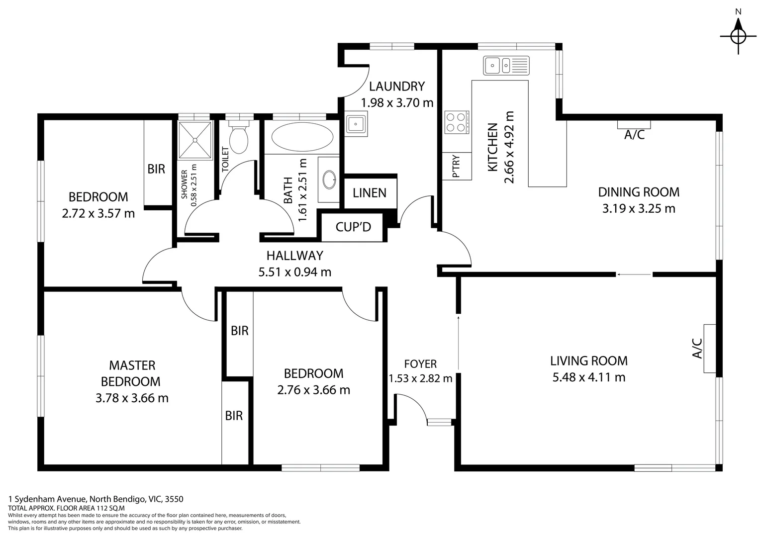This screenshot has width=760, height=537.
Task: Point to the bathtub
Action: click(302, 137)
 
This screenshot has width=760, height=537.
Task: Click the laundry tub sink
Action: click(356, 124)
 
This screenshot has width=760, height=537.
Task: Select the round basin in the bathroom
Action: click(329, 180)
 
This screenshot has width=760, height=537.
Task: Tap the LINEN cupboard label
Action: click(370, 193)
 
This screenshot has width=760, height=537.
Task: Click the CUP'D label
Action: click(353, 227)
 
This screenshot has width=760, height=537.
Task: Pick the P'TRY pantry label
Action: click(456, 167)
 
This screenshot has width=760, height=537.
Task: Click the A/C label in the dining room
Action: click(634, 134)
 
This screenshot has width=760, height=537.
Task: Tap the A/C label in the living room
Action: click(697, 348)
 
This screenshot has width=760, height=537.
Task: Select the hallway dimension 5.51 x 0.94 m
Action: click(294, 272)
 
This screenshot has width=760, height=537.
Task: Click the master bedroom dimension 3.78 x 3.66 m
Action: click(132, 398)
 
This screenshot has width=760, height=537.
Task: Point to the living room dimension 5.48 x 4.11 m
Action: click(588, 377)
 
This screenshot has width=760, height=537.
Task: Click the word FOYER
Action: click(420, 364)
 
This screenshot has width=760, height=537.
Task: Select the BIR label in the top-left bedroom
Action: click(156, 169)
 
